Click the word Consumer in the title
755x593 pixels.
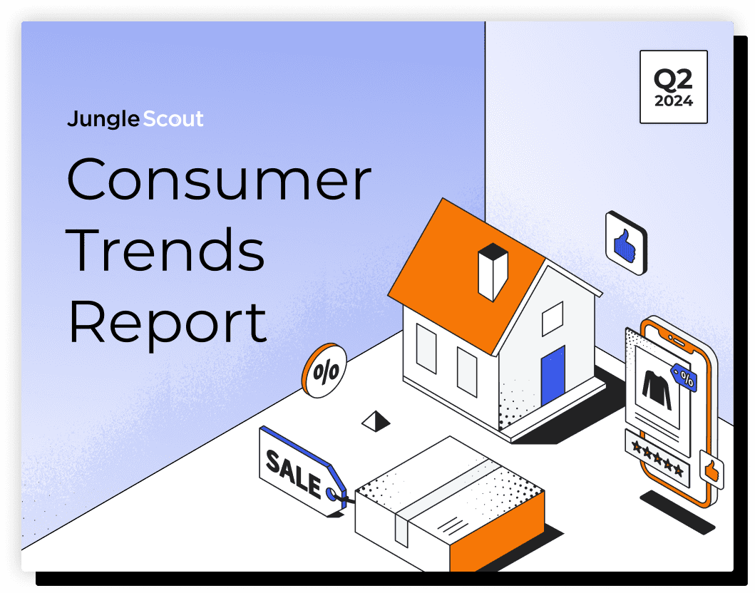point(219,179)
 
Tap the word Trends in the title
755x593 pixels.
point(165,249)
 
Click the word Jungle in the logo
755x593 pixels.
point(103,119)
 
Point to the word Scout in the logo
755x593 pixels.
point(173,119)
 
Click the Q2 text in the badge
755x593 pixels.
point(673,79)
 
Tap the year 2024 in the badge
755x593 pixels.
point(674,101)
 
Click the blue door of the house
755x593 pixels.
point(553,376)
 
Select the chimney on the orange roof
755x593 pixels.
point(493,272)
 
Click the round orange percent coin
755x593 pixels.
point(324,371)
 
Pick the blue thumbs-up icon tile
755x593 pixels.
point(626,243)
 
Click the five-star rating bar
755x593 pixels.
point(657,458)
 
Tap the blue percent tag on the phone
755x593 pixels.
point(684,377)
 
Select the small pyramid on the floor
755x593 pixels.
point(376,421)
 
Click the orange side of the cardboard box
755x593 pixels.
point(497,532)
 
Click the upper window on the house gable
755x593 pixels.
point(553,318)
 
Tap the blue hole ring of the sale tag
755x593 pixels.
point(332,493)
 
